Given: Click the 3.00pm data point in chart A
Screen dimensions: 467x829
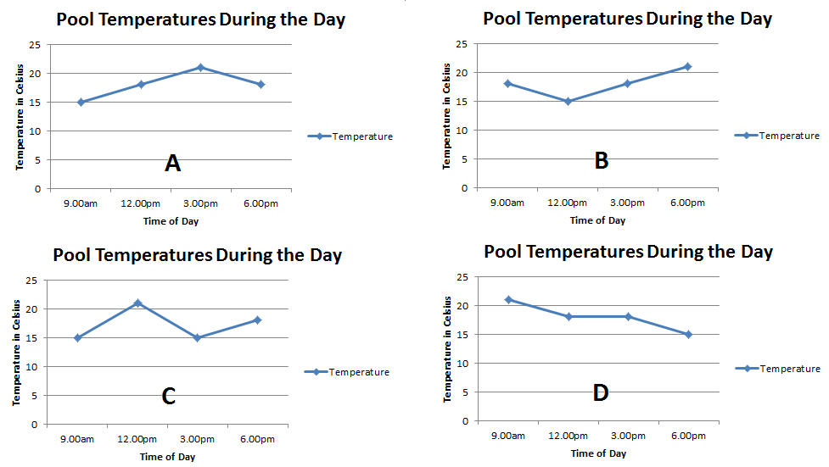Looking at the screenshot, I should (x=200, y=67).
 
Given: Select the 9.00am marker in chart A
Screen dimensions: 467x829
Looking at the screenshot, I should (x=81, y=102).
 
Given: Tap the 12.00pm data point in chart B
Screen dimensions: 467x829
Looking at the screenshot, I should (x=568, y=101).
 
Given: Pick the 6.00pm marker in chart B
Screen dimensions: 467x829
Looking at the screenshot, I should (x=687, y=66).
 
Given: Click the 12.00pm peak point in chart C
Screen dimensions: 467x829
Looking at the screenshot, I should (x=137, y=303).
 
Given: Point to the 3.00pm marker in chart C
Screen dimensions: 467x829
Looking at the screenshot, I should (x=197, y=337).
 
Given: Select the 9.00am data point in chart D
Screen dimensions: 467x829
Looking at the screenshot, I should (x=508, y=299).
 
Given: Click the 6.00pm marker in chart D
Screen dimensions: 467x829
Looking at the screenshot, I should (x=688, y=334).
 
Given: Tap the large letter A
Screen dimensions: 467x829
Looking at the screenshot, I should (x=172, y=164).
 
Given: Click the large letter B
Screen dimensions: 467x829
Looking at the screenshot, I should (x=602, y=160).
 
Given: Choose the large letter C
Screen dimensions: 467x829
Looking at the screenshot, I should (x=169, y=396).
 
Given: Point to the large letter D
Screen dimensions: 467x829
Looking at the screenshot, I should (x=601, y=393).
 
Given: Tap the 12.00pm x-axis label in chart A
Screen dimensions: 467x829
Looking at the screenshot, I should (x=141, y=203).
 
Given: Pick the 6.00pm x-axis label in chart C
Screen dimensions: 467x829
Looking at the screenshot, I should (x=257, y=439).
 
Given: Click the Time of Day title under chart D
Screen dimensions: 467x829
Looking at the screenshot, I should (x=598, y=453).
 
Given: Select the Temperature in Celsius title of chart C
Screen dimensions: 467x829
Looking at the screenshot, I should (x=18, y=352).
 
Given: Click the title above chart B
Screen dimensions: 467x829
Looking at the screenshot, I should (x=628, y=19).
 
